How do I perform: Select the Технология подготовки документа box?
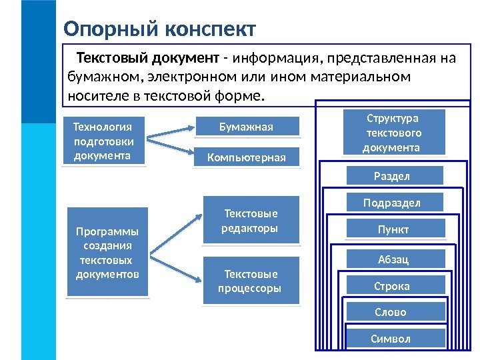tap(103, 141)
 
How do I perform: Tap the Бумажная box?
tap(246, 127)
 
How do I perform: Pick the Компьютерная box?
tap(246, 157)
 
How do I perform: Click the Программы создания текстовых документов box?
tap(107, 251)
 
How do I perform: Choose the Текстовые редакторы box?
tap(251, 221)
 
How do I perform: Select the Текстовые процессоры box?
tap(251, 281)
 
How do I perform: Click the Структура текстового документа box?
tap(393, 133)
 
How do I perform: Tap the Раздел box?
tap(395, 176)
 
